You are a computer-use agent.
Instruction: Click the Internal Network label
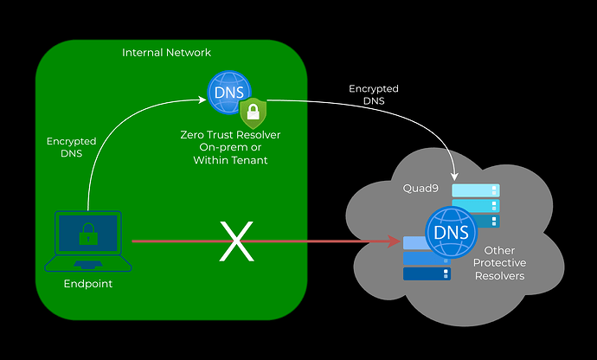[x=166, y=53]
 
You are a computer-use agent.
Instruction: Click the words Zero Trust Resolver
[x=229, y=136]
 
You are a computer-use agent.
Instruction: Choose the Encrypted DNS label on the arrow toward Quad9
[x=373, y=94]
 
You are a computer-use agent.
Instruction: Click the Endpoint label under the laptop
[x=88, y=283]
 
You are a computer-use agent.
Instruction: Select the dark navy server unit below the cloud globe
[x=427, y=274]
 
